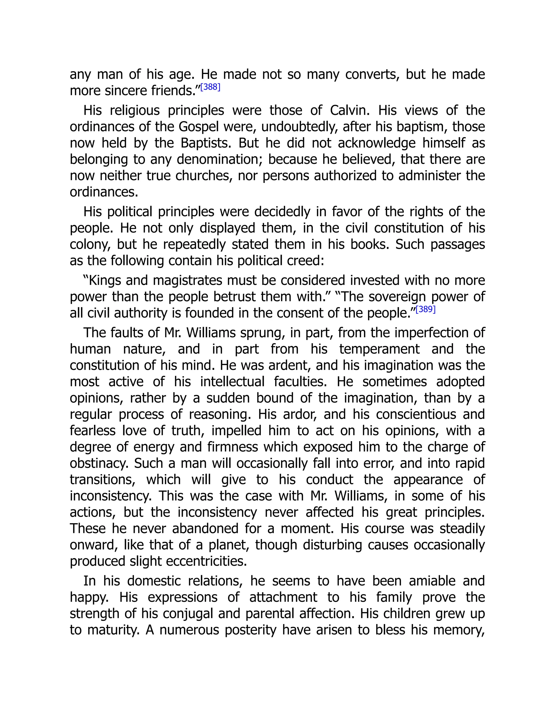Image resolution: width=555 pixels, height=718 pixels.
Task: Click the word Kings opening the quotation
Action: pyautogui.click(x=105, y=280)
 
